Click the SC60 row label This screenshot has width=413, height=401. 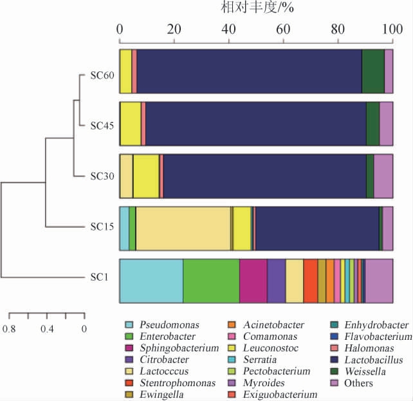coord(102,73)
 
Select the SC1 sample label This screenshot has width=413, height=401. coord(100,279)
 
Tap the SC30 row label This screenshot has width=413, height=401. coord(102,176)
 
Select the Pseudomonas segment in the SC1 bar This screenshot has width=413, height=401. coord(151,281)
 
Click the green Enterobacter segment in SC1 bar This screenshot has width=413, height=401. coord(211,281)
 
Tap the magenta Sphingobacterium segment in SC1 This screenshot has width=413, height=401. coord(253,281)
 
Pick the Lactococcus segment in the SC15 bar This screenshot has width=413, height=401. coord(183,228)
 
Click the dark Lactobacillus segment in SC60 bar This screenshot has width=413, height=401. coord(249,71)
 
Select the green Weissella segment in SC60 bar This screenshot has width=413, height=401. coord(372,71)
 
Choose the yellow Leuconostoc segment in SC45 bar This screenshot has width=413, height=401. coord(131,124)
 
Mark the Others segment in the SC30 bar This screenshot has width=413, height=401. coord(383,176)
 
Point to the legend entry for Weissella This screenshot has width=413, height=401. coord(362,371)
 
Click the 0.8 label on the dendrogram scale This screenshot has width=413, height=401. coord(9,328)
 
